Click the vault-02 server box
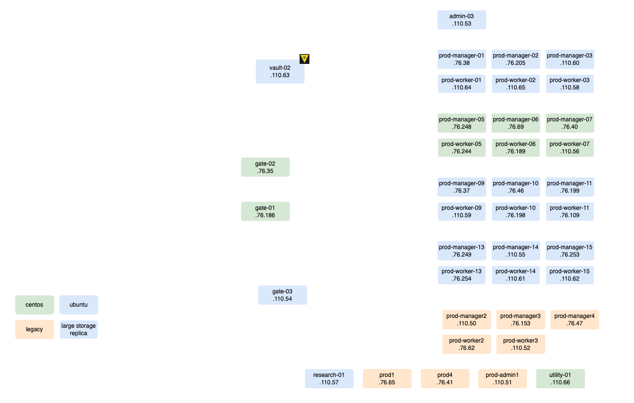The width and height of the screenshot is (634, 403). click(x=279, y=72)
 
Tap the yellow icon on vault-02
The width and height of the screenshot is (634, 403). click(x=304, y=58)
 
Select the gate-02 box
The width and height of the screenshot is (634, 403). click(x=265, y=167)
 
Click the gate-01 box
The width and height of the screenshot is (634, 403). click(x=265, y=211)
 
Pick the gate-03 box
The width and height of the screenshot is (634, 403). click(x=282, y=295)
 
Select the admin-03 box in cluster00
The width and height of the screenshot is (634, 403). click(x=461, y=20)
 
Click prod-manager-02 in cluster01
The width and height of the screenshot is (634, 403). click(x=516, y=59)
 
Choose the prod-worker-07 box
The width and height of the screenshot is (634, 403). click(x=570, y=147)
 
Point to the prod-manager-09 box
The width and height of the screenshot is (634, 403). click(x=462, y=187)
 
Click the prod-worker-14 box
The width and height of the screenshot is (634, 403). click(x=516, y=275)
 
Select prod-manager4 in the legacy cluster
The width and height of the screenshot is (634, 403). click(x=574, y=319)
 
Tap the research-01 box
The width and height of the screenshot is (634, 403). click(x=329, y=378)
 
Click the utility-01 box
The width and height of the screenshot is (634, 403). click(x=560, y=378)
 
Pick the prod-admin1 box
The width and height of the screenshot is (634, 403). click(x=502, y=378)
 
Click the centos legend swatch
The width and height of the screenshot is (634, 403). click(x=35, y=305)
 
